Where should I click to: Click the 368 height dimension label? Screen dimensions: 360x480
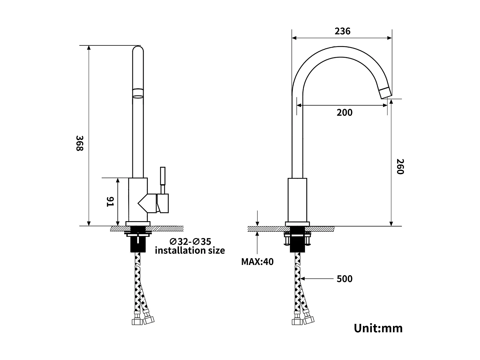click(x=80, y=143)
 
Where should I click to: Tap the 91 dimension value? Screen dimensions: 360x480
click(x=110, y=202)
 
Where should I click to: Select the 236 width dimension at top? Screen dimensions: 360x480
click(x=342, y=31)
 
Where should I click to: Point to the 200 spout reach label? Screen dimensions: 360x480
click(x=344, y=113)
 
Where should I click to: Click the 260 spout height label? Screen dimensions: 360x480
click(x=400, y=166)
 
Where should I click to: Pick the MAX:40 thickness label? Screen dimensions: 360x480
click(x=257, y=262)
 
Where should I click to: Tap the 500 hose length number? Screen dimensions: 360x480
click(x=344, y=279)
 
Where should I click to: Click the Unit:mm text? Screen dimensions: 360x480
click(x=378, y=328)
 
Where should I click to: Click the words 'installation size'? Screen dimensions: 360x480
click(x=190, y=250)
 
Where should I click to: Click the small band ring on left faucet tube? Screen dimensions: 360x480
click(x=138, y=93)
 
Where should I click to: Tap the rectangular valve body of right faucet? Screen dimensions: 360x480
click(x=297, y=200)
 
